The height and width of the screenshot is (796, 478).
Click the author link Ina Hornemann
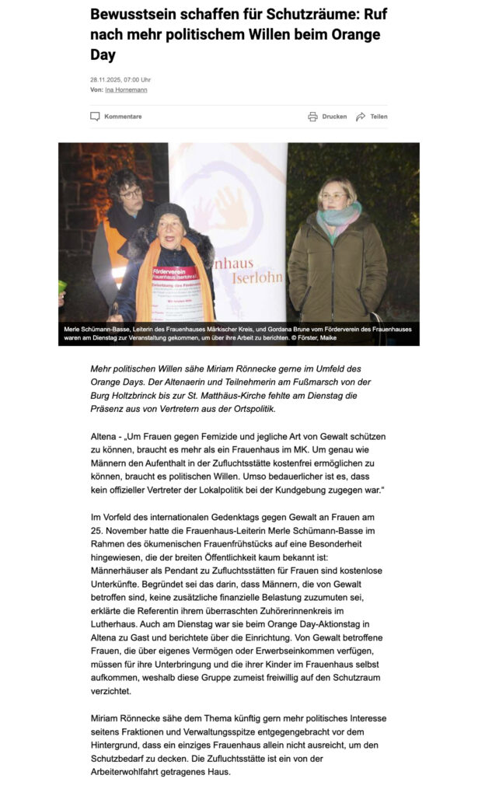coord(126,89)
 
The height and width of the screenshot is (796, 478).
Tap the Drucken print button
coord(334,117)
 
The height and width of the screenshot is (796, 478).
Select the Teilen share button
coord(379,117)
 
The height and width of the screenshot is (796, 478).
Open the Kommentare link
coord(123,117)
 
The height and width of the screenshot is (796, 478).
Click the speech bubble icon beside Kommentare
coord(95,117)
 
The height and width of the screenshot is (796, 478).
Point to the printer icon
coord(312,117)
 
